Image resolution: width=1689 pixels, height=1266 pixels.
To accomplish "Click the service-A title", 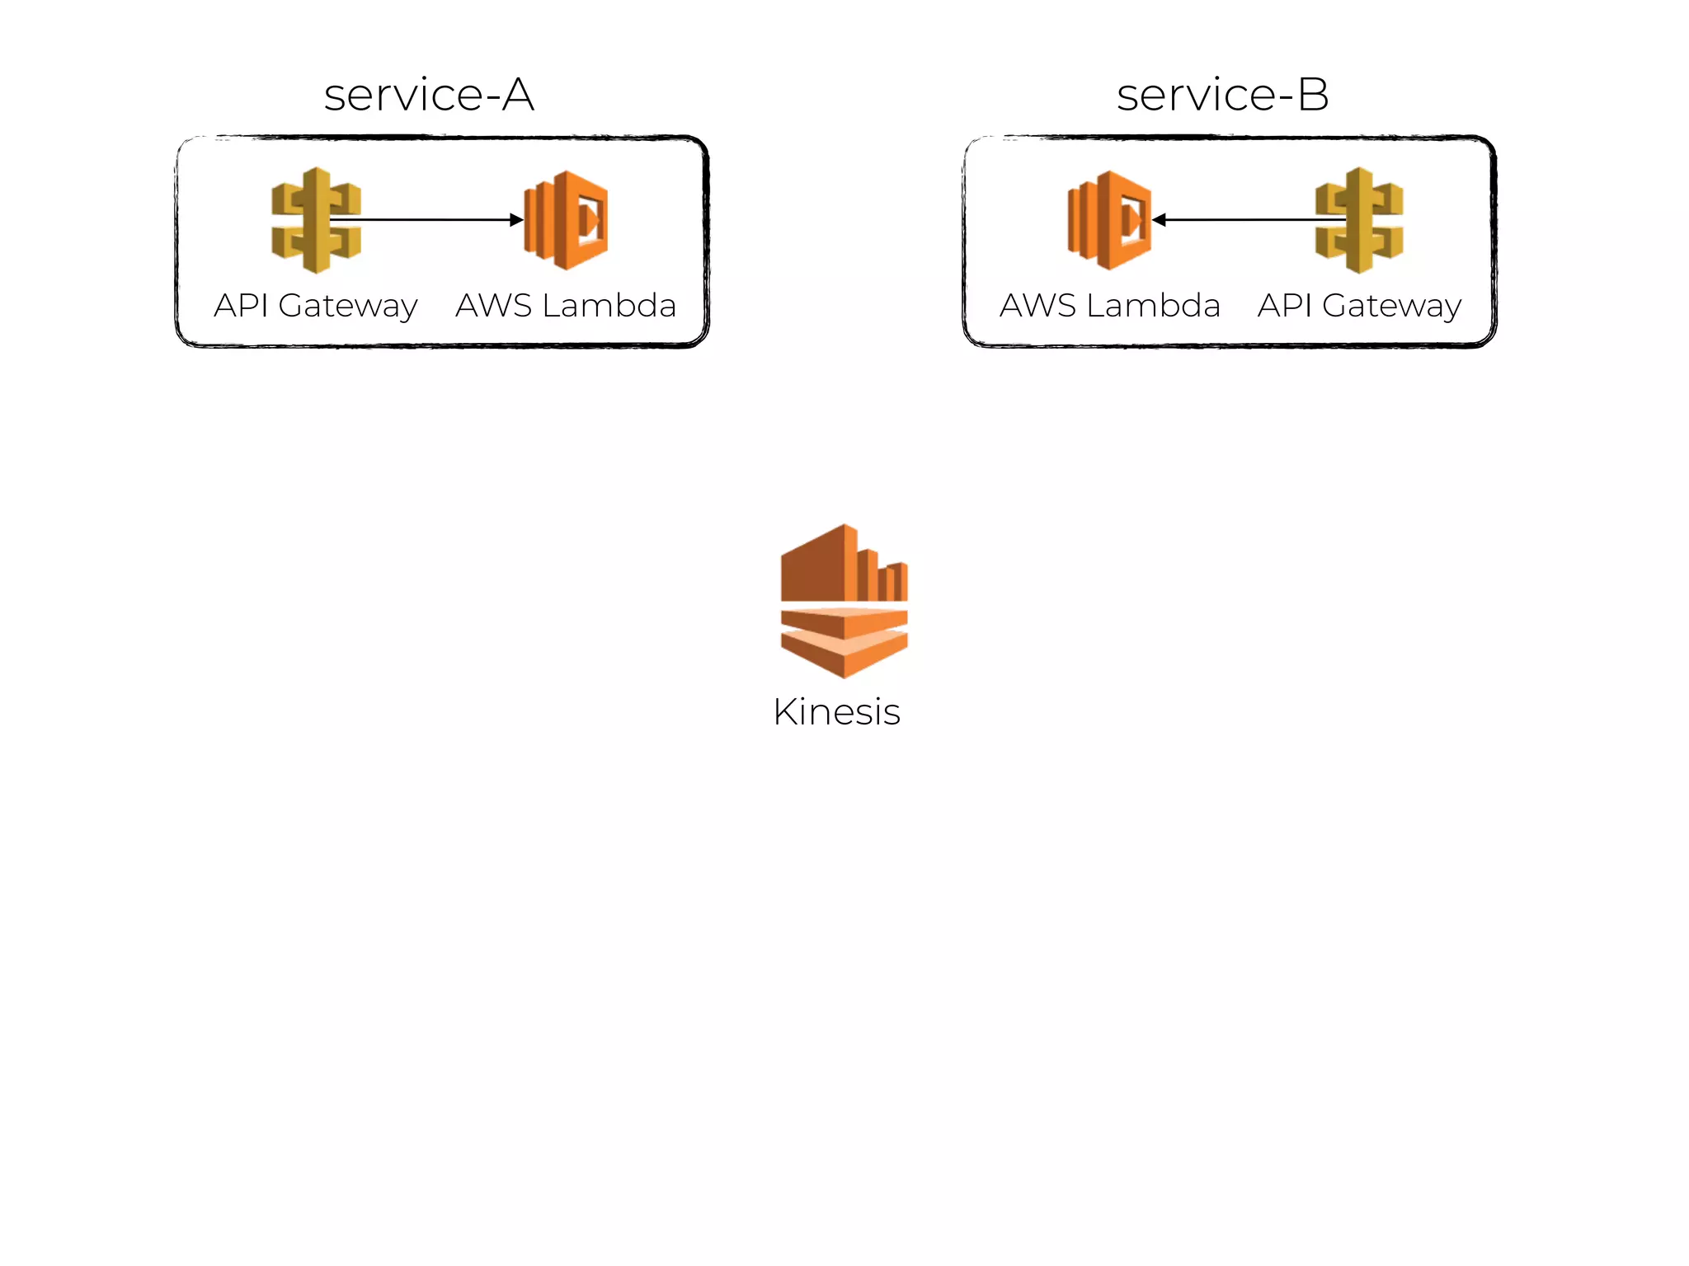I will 429,95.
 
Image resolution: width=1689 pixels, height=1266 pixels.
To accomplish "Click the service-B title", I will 1222,95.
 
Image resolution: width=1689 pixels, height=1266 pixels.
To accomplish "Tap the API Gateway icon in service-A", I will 316,220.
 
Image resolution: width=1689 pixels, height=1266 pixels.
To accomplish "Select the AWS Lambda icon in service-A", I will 567,220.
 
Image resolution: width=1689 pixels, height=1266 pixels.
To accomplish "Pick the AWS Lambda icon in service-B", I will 1109,220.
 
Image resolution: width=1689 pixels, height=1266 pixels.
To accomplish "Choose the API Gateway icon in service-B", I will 1359,220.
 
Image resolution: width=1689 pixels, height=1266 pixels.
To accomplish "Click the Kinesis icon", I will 844,601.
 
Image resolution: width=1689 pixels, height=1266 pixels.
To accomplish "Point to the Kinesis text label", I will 836,712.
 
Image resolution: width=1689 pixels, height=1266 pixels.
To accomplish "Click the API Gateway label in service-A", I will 316,306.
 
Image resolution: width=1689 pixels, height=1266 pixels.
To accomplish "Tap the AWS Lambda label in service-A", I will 566,306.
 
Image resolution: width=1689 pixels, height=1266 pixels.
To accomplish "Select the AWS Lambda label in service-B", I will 1109,306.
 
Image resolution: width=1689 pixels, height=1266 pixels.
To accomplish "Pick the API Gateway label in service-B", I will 1359,306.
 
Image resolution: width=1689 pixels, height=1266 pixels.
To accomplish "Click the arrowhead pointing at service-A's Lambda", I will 517,220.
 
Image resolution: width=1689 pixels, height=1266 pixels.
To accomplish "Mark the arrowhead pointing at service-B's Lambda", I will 1159,220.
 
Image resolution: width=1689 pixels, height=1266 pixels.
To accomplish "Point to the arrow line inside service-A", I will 429,220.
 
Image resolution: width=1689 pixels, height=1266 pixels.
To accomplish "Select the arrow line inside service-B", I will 1245,220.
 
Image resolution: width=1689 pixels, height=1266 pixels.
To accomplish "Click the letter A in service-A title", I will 518,95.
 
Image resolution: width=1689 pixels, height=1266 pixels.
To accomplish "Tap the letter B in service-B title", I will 1313,95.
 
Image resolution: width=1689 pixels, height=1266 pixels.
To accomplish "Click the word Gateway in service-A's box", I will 348,307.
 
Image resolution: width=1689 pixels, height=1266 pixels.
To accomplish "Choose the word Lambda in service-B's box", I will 1153,306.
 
